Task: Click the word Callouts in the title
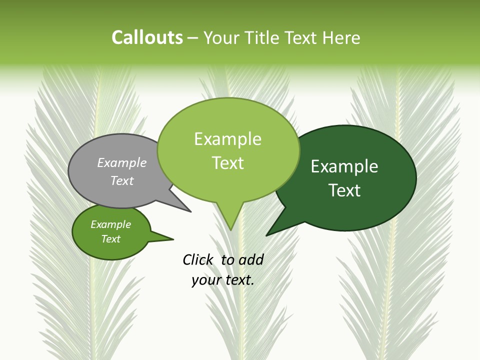(x=147, y=37)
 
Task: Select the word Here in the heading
(x=342, y=37)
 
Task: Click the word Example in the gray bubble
(x=122, y=162)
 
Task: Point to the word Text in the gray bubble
(x=122, y=180)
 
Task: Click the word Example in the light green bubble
(x=227, y=139)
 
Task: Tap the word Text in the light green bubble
(x=227, y=163)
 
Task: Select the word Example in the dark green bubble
(x=344, y=166)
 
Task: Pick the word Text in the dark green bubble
(x=344, y=190)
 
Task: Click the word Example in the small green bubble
(x=110, y=224)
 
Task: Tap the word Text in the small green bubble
(x=110, y=239)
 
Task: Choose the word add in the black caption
(x=250, y=259)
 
